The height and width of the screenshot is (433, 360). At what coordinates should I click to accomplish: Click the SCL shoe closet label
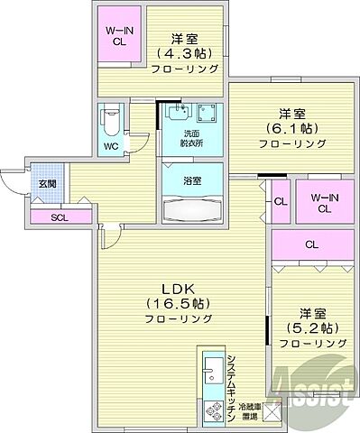coord(59,216)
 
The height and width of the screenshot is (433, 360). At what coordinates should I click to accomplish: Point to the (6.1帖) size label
coord(287,128)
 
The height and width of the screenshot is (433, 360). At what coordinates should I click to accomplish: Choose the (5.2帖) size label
coord(311,329)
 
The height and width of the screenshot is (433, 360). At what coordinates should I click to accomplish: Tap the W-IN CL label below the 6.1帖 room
coord(322,203)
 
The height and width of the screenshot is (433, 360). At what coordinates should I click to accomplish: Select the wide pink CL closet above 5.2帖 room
coord(310,244)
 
